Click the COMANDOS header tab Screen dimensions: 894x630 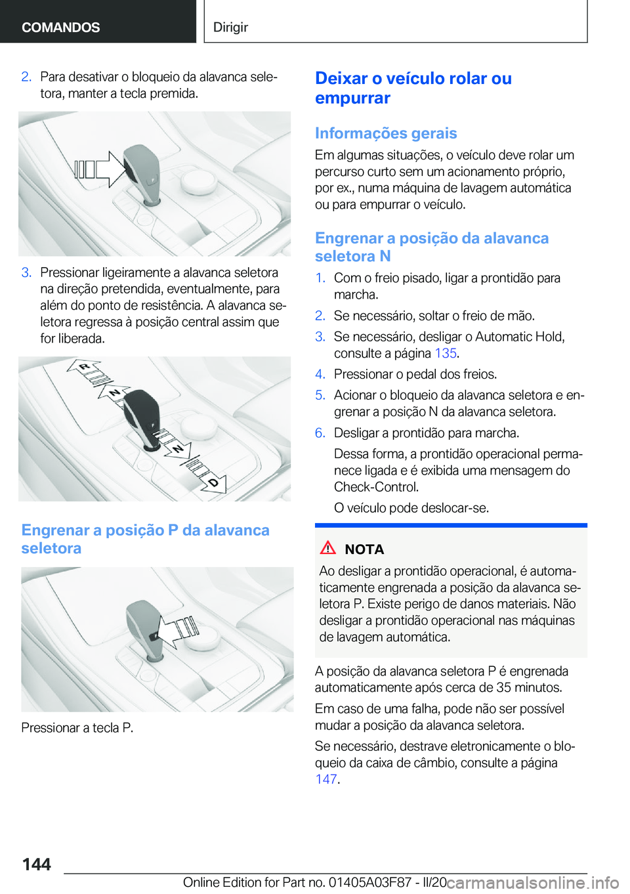point(60,27)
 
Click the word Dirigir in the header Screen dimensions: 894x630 point(230,27)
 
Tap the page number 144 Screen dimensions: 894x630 point(36,864)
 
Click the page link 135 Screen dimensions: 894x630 point(445,353)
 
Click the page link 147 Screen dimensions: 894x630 point(325,779)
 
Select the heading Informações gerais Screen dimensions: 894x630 point(385,133)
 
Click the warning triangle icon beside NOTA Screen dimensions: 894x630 point(327,547)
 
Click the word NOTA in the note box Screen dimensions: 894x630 point(364,549)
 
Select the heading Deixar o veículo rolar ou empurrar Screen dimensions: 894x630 point(413,88)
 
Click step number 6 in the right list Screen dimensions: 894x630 point(320,433)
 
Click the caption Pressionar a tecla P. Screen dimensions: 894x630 point(77,727)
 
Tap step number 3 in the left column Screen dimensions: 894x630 point(26,272)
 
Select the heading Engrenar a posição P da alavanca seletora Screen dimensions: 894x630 point(145,539)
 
